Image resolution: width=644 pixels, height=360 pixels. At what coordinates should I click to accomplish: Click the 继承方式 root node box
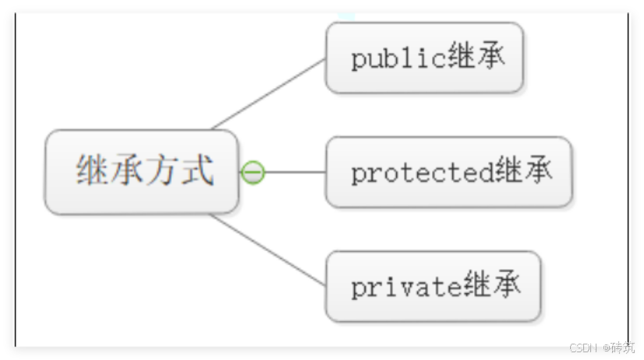click(x=141, y=171)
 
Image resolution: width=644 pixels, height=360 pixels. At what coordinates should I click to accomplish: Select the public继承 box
click(x=424, y=58)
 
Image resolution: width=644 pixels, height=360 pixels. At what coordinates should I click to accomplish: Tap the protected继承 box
click(x=448, y=172)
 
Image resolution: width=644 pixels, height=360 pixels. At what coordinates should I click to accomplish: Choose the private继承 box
click(x=433, y=286)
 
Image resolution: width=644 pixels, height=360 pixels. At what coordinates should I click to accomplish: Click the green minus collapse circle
click(x=253, y=172)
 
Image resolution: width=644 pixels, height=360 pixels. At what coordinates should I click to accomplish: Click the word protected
click(x=422, y=173)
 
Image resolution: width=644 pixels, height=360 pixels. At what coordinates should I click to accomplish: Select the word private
click(x=405, y=287)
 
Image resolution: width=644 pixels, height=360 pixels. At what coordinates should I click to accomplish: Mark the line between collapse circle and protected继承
click(x=295, y=172)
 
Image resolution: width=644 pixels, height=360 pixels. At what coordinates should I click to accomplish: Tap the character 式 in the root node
click(x=197, y=170)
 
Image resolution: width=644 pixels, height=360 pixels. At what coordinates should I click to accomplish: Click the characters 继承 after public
click(x=476, y=58)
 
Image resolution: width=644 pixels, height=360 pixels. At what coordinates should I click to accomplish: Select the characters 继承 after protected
click(x=523, y=172)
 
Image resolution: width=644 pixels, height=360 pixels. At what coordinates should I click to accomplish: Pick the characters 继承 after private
click(x=491, y=286)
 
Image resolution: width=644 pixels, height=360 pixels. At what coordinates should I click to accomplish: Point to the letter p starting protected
click(x=358, y=175)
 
